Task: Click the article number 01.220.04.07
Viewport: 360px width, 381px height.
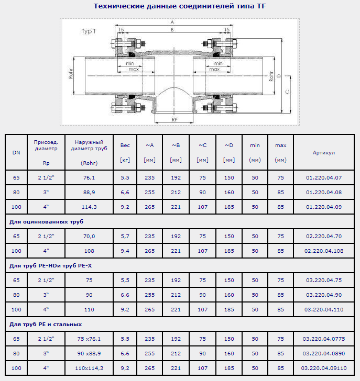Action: [x=324, y=177]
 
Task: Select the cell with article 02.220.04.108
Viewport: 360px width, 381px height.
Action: [x=324, y=251]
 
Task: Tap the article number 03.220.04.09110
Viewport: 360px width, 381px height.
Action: [x=324, y=368]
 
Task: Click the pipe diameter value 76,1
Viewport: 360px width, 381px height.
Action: [x=89, y=177]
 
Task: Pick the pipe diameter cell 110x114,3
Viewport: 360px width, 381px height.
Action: [x=89, y=368]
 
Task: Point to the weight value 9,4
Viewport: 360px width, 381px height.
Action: [x=125, y=251]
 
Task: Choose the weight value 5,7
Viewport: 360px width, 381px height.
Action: [x=125, y=236]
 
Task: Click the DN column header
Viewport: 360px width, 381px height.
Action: [x=16, y=153]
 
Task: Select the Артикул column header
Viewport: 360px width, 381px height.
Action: [x=324, y=153]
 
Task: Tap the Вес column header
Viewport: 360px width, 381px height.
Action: [x=125, y=145]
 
